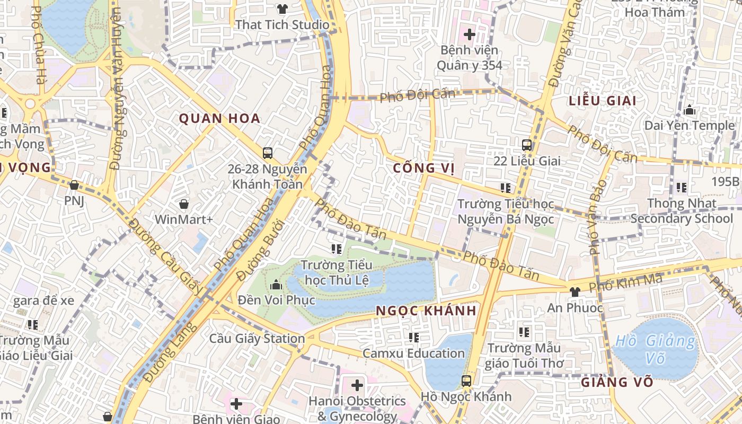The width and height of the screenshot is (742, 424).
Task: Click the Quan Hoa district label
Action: (219, 118)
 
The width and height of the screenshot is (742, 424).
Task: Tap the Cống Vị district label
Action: (424, 169)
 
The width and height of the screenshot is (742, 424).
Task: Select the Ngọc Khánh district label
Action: (426, 311)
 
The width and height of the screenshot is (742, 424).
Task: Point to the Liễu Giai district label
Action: (602, 101)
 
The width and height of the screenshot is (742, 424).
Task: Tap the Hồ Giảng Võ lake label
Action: (656, 350)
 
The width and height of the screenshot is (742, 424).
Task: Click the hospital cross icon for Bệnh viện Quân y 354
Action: (469, 34)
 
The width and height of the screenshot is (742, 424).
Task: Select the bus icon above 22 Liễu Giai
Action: (527, 145)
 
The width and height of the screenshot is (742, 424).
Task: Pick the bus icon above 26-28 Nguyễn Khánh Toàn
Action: (268, 153)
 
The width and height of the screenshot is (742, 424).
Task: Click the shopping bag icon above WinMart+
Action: (184, 204)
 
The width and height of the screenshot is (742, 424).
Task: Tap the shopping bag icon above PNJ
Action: (74, 185)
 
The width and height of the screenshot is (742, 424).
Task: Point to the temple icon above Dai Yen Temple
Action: (690, 110)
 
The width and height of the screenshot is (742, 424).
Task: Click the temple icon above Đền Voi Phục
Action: (276, 285)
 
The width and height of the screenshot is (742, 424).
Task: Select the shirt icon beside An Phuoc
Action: (575, 291)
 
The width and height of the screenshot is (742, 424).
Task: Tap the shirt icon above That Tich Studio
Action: (282, 9)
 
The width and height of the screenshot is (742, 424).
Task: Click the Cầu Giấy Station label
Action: (257, 339)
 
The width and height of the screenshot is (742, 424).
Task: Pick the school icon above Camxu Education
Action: (413, 337)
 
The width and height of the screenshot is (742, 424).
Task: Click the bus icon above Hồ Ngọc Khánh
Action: (466, 381)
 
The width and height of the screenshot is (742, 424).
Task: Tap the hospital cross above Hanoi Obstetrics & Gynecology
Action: (357, 385)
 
